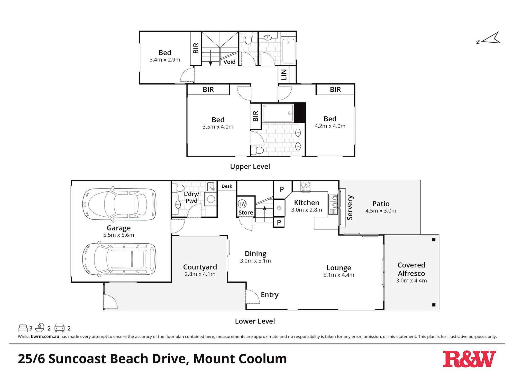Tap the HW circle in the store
[242, 204]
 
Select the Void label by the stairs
[229, 62]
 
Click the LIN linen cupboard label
[284, 75]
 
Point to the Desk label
[227, 186]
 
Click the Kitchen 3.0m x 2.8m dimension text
[306, 210]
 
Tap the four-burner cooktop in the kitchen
[306, 186]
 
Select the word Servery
[350, 208]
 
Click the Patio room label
[381, 204]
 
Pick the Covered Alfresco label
[411, 269]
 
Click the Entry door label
[269, 295]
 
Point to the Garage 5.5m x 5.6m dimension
[118, 235]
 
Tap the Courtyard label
[200, 267]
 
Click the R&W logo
[469, 359]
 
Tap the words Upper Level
[250, 167]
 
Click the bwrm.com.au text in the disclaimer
[45, 336]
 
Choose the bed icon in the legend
[23, 328]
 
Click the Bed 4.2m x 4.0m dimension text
[330, 126]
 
